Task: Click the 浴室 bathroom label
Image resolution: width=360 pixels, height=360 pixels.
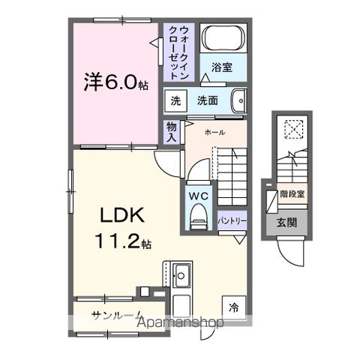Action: (x=220, y=67)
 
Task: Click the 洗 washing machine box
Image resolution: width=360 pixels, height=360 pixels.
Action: (x=175, y=100)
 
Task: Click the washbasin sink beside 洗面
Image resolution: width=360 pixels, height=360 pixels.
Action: (x=238, y=100)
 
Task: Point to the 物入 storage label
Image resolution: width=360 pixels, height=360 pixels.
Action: (x=172, y=132)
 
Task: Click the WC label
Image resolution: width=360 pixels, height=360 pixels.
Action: (x=197, y=196)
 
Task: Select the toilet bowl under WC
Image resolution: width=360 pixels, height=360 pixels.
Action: (x=198, y=218)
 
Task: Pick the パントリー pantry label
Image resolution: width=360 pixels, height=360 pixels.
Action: (x=232, y=222)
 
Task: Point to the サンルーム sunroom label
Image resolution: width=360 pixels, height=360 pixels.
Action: (x=112, y=313)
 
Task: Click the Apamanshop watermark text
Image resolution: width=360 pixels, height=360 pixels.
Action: (x=183, y=323)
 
